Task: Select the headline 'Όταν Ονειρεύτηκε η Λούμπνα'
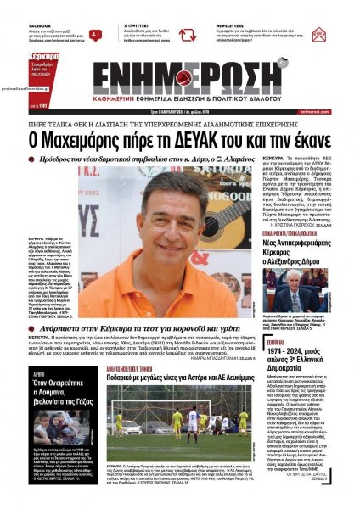pyautogui.click(x=47, y=389)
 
